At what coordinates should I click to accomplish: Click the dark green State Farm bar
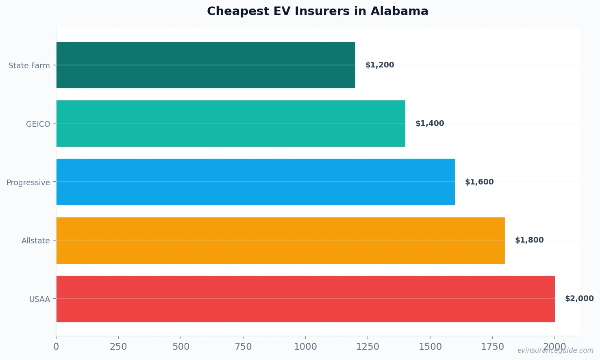[x=206, y=65]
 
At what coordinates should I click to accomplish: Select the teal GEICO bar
[x=230, y=124]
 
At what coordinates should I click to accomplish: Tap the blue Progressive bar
[x=255, y=182]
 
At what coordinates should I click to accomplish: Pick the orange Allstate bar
[x=280, y=241]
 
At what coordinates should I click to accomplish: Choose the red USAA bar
[x=305, y=299]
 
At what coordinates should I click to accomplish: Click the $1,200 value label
[x=380, y=65]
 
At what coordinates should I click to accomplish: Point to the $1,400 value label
[x=430, y=124]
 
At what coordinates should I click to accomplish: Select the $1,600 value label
[x=479, y=182]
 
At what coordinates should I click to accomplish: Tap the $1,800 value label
[x=529, y=240]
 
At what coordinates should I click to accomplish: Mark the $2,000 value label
[x=579, y=299]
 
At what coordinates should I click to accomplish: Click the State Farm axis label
[x=29, y=65]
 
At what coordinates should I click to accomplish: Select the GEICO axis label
[x=38, y=124]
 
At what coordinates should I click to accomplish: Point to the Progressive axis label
[x=28, y=182]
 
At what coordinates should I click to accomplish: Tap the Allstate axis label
[x=36, y=241]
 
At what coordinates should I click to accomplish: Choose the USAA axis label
[x=39, y=299]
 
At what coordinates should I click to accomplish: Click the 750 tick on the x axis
[x=243, y=347]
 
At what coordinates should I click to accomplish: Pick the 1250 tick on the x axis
[x=367, y=347]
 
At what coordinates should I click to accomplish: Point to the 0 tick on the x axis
[x=56, y=347]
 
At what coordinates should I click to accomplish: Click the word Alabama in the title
[x=399, y=11]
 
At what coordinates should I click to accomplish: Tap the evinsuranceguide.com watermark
[x=555, y=350]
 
